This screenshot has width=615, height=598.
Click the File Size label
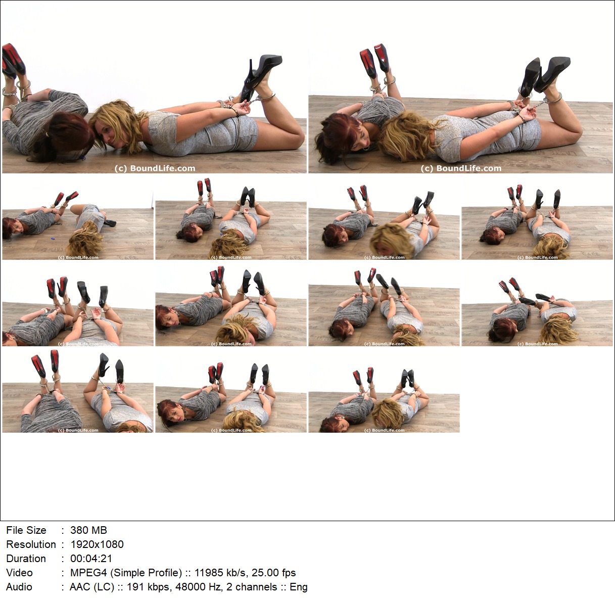pyautogui.click(x=26, y=530)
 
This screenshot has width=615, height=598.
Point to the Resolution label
pyautogui.click(x=31, y=544)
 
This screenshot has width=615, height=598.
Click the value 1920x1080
pyautogui.click(x=97, y=544)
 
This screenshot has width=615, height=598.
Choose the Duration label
pyautogui.click(x=26, y=559)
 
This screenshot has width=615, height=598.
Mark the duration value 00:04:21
pyautogui.click(x=91, y=559)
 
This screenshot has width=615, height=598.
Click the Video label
pyautogui.click(x=19, y=573)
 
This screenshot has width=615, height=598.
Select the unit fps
pyautogui.click(x=287, y=573)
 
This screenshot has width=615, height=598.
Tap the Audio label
pyautogui.click(x=19, y=587)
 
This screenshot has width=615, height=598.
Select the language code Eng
pyautogui.click(x=299, y=587)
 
